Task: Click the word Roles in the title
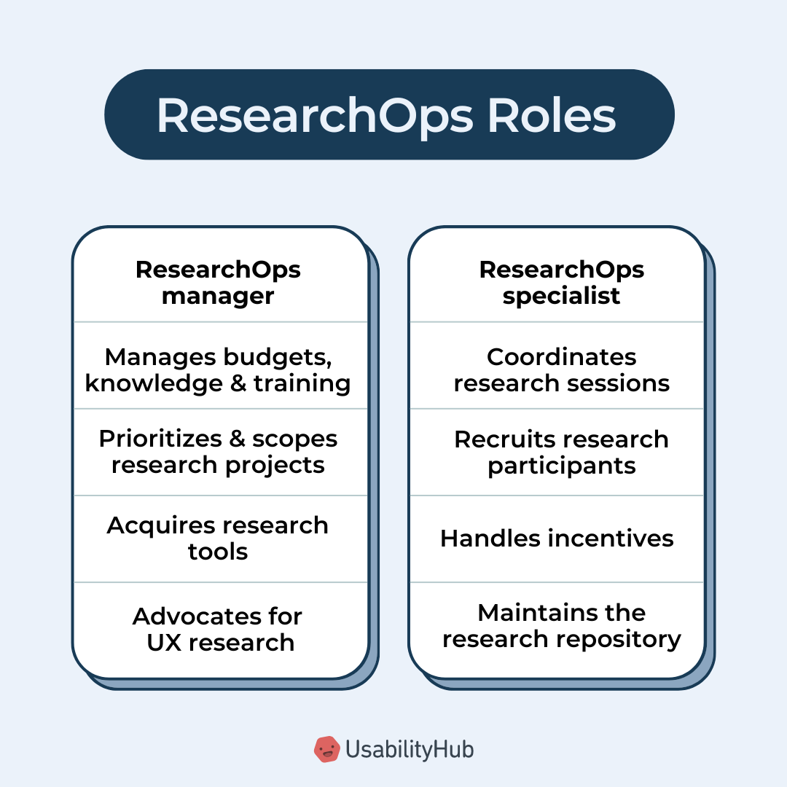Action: pos(552,115)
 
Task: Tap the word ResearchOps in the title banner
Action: pos(315,115)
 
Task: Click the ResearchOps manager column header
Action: pos(218,283)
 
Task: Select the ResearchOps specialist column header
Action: pos(561,283)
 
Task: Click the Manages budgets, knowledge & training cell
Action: pos(218,369)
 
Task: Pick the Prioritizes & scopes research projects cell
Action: pos(218,452)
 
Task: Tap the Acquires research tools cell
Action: pos(218,539)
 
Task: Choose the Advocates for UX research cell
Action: pos(218,629)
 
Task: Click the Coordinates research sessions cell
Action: pos(561,369)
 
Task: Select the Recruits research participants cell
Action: pos(561,452)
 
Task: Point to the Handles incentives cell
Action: pos(557,539)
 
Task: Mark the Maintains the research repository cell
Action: pos(561,625)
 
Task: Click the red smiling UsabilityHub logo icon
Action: pos(327,749)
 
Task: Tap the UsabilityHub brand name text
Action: pos(410,749)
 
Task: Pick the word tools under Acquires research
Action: pos(218,552)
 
